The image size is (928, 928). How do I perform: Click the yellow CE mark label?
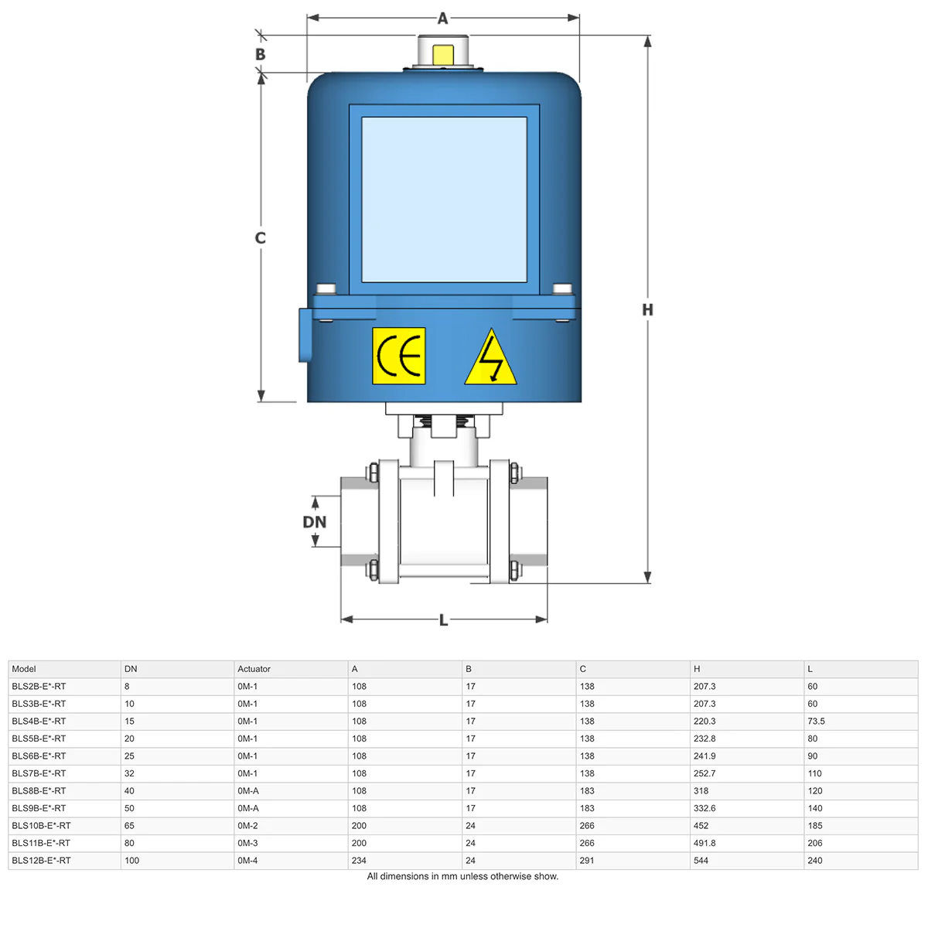coord(398,356)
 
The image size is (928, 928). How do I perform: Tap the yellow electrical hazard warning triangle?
coord(490,357)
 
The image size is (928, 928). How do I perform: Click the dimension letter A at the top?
coord(442,19)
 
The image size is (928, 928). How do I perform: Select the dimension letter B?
coord(260,54)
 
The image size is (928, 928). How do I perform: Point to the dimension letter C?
coord(260,238)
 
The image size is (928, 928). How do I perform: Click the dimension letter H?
coord(647,309)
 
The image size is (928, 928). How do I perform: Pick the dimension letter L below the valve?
coord(444,620)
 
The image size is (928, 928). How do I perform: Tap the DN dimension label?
coord(314,522)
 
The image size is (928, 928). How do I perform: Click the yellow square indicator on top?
coord(442,55)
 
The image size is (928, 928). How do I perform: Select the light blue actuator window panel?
coord(444,200)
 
